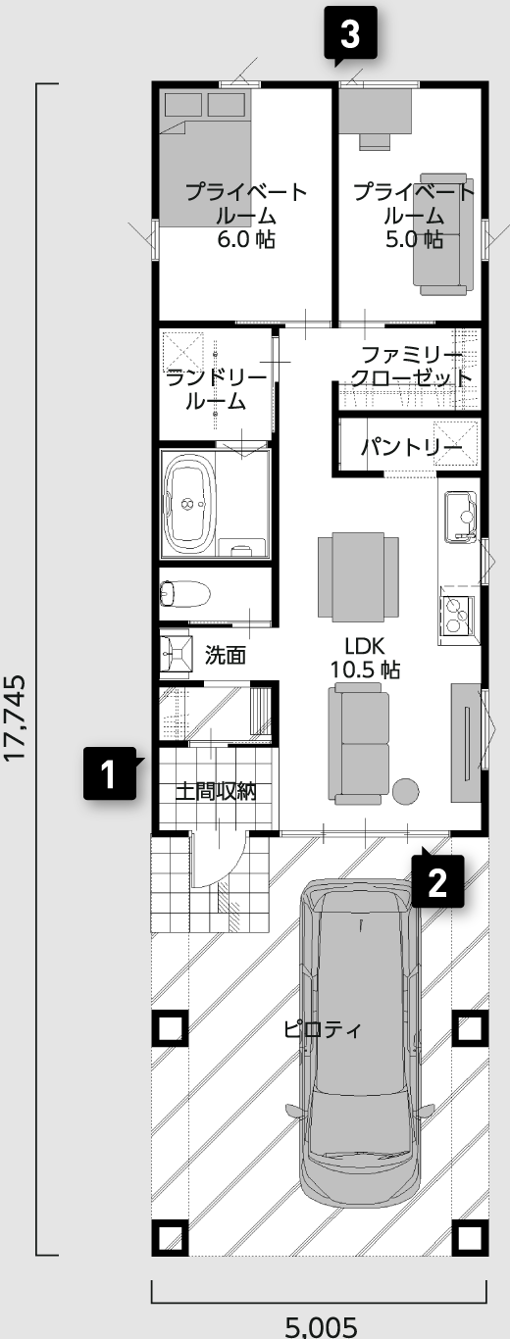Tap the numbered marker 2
point(437,881)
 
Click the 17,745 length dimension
point(15,718)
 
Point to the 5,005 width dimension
point(321,1327)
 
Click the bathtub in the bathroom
point(188,504)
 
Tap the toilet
point(184,594)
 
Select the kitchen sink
point(460,517)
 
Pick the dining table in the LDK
point(358,576)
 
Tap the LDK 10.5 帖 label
point(365,658)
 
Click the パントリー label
point(412,447)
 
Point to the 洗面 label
point(226,655)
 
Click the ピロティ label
point(323,1029)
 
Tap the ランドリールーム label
point(216,390)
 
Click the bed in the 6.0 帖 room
point(203,159)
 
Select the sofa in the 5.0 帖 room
point(443,234)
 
